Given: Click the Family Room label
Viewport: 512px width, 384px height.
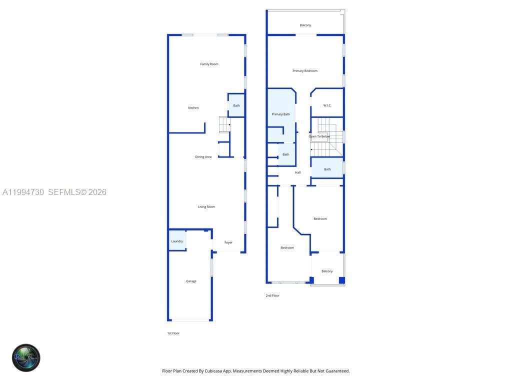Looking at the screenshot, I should [209, 64].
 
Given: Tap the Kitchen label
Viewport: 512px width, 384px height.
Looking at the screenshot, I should [193, 108].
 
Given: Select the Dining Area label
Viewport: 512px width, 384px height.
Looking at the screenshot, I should [203, 157].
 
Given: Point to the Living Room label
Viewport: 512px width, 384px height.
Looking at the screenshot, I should [206, 207].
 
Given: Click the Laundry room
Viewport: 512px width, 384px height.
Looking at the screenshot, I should [177, 241].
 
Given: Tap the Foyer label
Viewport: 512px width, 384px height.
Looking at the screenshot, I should [228, 242].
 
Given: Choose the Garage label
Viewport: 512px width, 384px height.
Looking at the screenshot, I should [191, 281].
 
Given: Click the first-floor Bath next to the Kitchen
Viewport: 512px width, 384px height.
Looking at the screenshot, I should [236, 105].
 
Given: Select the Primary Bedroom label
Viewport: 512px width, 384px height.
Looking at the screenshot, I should [304, 71].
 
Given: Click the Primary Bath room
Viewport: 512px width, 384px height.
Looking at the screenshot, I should [280, 114].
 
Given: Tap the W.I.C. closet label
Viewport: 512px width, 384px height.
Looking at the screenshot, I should [327, 105].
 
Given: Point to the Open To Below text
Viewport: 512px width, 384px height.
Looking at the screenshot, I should [319, 136].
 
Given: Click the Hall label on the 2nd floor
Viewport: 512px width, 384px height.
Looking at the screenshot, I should [297, 172].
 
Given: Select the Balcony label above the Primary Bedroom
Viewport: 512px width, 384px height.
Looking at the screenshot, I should [305, 25].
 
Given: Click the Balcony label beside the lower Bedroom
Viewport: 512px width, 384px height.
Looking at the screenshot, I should [327, 271].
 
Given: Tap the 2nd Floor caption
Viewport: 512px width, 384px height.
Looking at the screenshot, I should [272, 296].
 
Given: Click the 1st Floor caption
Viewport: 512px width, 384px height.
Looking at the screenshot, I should [173, 333].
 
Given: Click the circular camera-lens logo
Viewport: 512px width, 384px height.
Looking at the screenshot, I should [26, 357].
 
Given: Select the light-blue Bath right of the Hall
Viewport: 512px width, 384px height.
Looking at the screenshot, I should [327, 169].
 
